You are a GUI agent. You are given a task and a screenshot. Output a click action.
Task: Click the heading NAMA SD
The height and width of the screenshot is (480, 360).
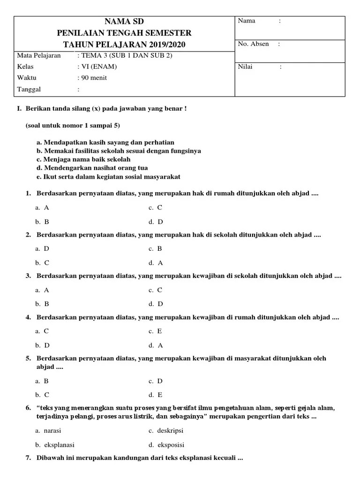click(x=124, y=22)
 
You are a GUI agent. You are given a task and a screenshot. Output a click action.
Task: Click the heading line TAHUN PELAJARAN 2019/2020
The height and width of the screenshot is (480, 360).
click(x=124, y=45)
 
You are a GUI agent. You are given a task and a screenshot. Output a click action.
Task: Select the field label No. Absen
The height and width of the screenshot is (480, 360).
click(x=253, y=44)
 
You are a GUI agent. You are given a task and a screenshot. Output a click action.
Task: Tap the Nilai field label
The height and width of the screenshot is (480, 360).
click(x=245, y=67)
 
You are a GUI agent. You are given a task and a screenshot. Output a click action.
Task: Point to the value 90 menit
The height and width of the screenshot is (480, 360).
click(x=94, y=78)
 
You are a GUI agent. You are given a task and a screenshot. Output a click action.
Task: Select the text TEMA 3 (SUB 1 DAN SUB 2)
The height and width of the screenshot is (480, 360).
click(x=127, y=55)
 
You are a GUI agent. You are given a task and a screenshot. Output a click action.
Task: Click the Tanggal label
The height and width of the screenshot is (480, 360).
click(x=29, y=89)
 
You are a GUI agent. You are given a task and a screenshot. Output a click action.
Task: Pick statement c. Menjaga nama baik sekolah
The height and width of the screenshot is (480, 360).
click(x=83, y=159)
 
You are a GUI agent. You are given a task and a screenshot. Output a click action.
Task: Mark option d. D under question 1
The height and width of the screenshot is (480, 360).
click(x=156, y=222)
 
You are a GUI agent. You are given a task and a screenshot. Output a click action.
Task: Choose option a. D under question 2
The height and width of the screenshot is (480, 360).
click(x=42, y=249)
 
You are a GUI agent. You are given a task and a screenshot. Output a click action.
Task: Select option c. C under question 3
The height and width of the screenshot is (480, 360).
click(x=156, y=290)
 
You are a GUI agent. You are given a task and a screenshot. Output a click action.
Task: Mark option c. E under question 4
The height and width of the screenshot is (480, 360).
click(x=156, y=331)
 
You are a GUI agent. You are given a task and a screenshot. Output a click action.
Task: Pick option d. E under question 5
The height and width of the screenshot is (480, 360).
click(x=156, y=395)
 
